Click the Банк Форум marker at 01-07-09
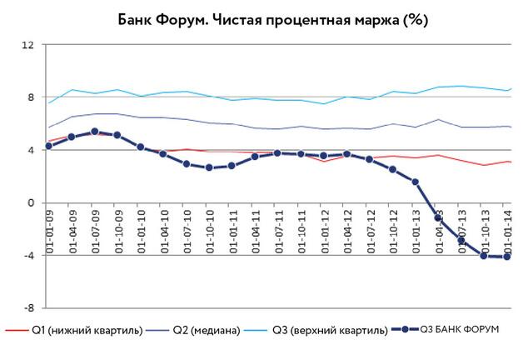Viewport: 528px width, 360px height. (x=94, y=132)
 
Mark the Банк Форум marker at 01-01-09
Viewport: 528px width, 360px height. (x=48, y=146)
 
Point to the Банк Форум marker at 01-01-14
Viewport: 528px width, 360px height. (x=506, y=257)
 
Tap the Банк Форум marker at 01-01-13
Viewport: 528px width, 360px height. (x=415, y=182)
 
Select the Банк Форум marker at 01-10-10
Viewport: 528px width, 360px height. (x=209, y=167)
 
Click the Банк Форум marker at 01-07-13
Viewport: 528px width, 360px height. (x=461, y=241)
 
